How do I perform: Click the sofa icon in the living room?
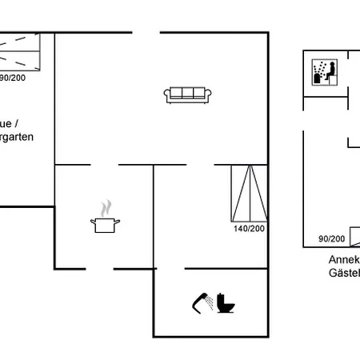tap(187, 95)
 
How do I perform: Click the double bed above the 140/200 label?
tap(246, 194)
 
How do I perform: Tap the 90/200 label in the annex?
tap(331, 238)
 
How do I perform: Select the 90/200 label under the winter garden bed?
tap(12, 78)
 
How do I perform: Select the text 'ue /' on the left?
tap(10, 124)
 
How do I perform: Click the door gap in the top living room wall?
tap(146, 33)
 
